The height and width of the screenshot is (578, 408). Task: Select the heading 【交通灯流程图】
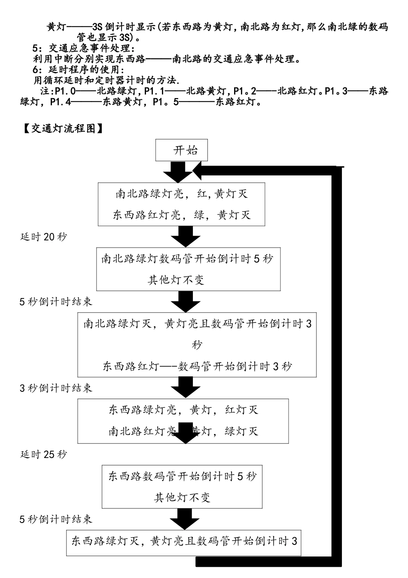coord(63,128)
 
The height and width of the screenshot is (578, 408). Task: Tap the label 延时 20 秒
coord(44,237)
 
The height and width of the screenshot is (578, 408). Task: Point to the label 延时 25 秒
coord(44,454)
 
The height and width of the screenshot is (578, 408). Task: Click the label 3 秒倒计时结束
coord(56,388)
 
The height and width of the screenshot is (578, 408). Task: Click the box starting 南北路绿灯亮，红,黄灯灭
coord(181,204)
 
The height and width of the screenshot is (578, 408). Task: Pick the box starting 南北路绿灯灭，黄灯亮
coord(197,344)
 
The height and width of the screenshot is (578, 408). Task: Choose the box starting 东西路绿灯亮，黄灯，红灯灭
coord(183,420)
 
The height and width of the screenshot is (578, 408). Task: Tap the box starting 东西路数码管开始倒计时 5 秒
coord(182,486)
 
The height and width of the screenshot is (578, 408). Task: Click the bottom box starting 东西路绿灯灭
coord(184,541)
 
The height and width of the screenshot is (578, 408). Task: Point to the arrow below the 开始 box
coord(178,171)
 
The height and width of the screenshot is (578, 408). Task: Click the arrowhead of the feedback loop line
coord(198,171)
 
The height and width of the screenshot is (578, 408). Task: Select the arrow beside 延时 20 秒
coord(186,236)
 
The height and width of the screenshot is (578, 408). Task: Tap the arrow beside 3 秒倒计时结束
coord(186,387)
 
